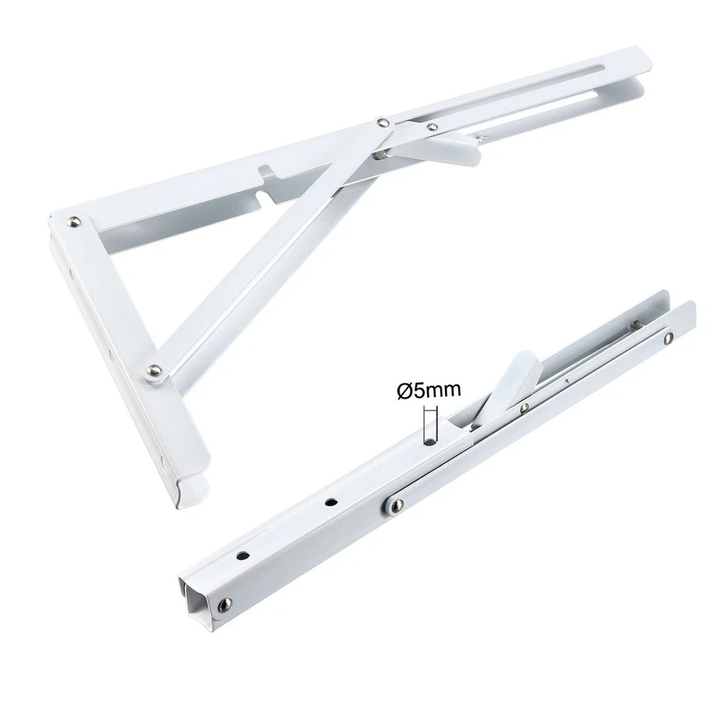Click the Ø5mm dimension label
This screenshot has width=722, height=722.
[x=429, y=390]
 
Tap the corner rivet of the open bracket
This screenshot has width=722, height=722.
[x=74, y=221]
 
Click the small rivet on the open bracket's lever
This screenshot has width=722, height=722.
[x=431, y=128]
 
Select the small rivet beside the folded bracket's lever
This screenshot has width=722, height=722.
[x=524, y=408]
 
